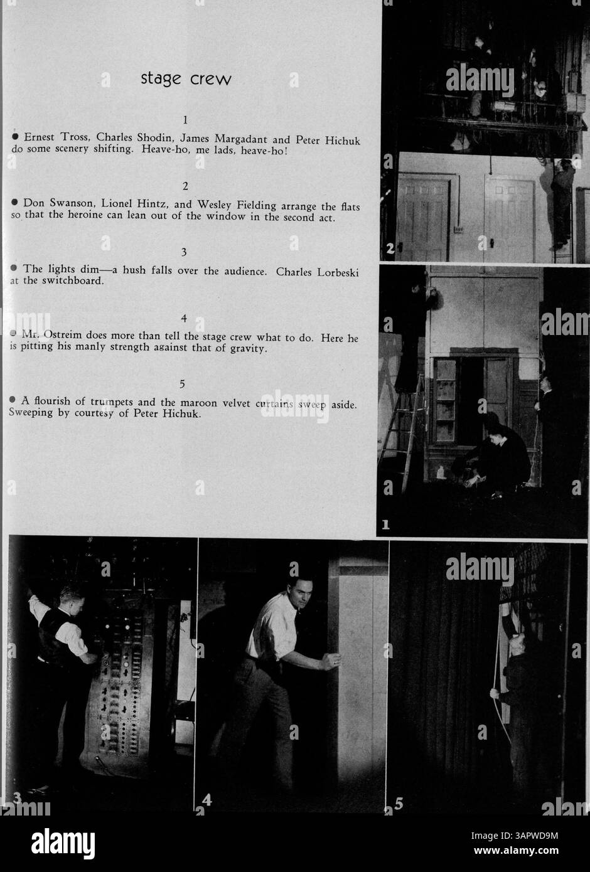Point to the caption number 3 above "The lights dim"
coord(183,252)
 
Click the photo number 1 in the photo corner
coord(385,526)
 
